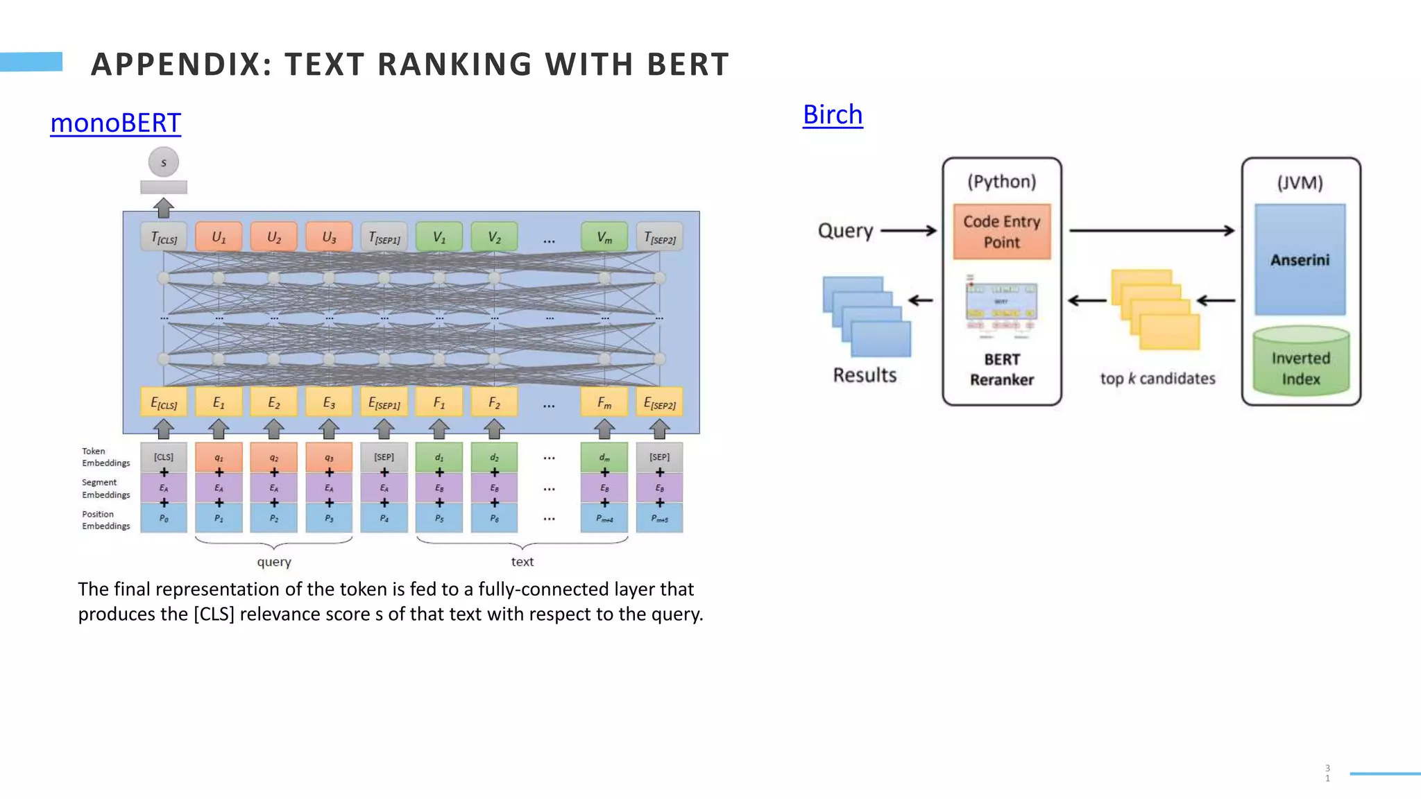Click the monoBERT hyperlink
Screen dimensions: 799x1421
coord(115,123)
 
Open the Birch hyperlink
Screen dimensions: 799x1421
coord(833,114)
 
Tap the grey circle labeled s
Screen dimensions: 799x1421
coord(164,162)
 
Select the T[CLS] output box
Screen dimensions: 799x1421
coord(164,238)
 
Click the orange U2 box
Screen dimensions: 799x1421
coord(274,237)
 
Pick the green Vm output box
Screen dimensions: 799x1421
coord(604,237)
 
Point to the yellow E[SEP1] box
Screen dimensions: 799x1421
coord(384,403)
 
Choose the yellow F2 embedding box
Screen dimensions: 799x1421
coord(494,402)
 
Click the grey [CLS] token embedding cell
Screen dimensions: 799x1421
coord(164,457)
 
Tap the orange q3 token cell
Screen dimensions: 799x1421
coord(329,457)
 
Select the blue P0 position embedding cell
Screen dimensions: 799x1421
coord(164,518)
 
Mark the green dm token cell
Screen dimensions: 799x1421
coord(604,457)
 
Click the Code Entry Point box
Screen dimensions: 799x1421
coord(1001,232)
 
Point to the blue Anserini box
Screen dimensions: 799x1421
coord(1300,259)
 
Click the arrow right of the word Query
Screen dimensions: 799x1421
coord(908,231)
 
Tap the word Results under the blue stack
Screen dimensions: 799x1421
coord(865,375)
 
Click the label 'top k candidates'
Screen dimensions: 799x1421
coord(1157,379)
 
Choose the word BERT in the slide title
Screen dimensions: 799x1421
coord(688,65)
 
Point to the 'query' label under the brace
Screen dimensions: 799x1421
coord(274,562)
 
